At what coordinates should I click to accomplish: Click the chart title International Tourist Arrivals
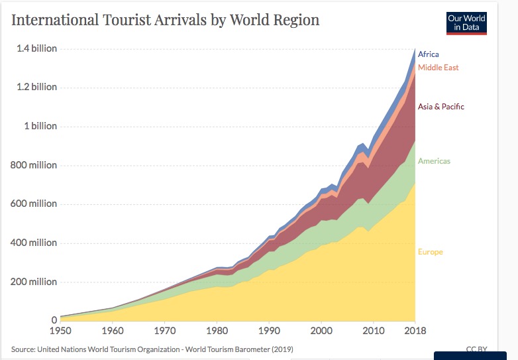click(166, 20)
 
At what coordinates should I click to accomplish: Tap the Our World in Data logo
click(466, 23)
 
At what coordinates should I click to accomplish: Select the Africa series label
click(428, 54)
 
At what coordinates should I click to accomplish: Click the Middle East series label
click(438, 68)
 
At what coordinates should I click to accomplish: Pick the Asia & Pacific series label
click(440, 107)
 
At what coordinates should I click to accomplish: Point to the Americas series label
click(434, 161)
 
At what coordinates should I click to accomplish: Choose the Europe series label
click(430, 252)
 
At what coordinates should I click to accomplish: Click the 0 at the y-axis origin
click(54, 321)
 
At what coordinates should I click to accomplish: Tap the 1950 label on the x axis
click(61, 331)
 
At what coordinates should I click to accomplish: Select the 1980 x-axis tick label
click(217, 331)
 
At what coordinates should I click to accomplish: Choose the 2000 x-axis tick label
click(321, 331)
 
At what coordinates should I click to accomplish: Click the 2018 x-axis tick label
click(415, 331)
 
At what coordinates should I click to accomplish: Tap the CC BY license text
click(476, 349)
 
